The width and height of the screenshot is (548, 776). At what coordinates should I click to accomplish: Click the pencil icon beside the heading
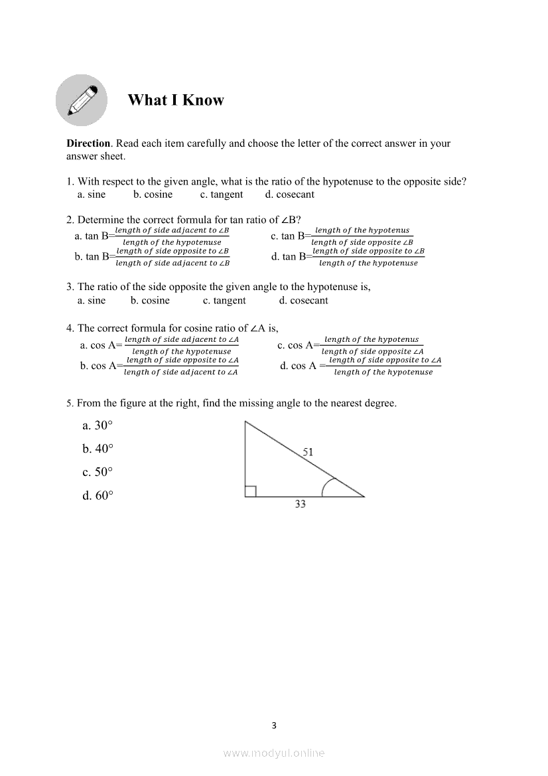[x=82, y=100]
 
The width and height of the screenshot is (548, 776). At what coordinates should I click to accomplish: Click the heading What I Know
[x=176, y=100]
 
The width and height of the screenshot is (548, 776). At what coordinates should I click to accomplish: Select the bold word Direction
[x=88, y=143]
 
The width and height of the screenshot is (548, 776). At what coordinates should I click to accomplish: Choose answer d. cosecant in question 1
[x=289, y=194]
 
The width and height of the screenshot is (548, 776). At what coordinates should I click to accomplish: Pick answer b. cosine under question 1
[x=153, y=194]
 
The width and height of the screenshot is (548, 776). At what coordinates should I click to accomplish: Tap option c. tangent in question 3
[x=224, y=301]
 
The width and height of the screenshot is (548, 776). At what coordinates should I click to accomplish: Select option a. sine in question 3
[x=92, y=301]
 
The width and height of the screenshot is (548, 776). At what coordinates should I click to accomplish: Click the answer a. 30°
[x=98, y=426]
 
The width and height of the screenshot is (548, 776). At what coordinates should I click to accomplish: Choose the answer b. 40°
[x=98, y=449]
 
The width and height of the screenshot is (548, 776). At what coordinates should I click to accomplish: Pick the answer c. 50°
[x=98, y=472]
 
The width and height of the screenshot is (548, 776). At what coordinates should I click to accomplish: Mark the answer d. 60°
[x=98, y=495]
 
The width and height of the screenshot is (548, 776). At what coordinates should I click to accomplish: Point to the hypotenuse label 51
[x=308, y=452]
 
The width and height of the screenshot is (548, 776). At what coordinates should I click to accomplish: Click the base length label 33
[x=300, y=504]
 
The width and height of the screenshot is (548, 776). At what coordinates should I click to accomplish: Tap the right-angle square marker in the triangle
[x=251, y=491]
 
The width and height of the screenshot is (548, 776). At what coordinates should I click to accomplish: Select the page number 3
[x=274, y=726]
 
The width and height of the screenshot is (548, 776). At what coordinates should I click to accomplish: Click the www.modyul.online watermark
[x=274, y=753]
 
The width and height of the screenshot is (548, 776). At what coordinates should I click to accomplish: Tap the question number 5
[x=69, y=403]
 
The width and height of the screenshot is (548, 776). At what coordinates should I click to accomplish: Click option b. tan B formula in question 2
[x=153, y=257]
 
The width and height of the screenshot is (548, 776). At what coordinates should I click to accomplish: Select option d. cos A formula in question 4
[x=361, y=366]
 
